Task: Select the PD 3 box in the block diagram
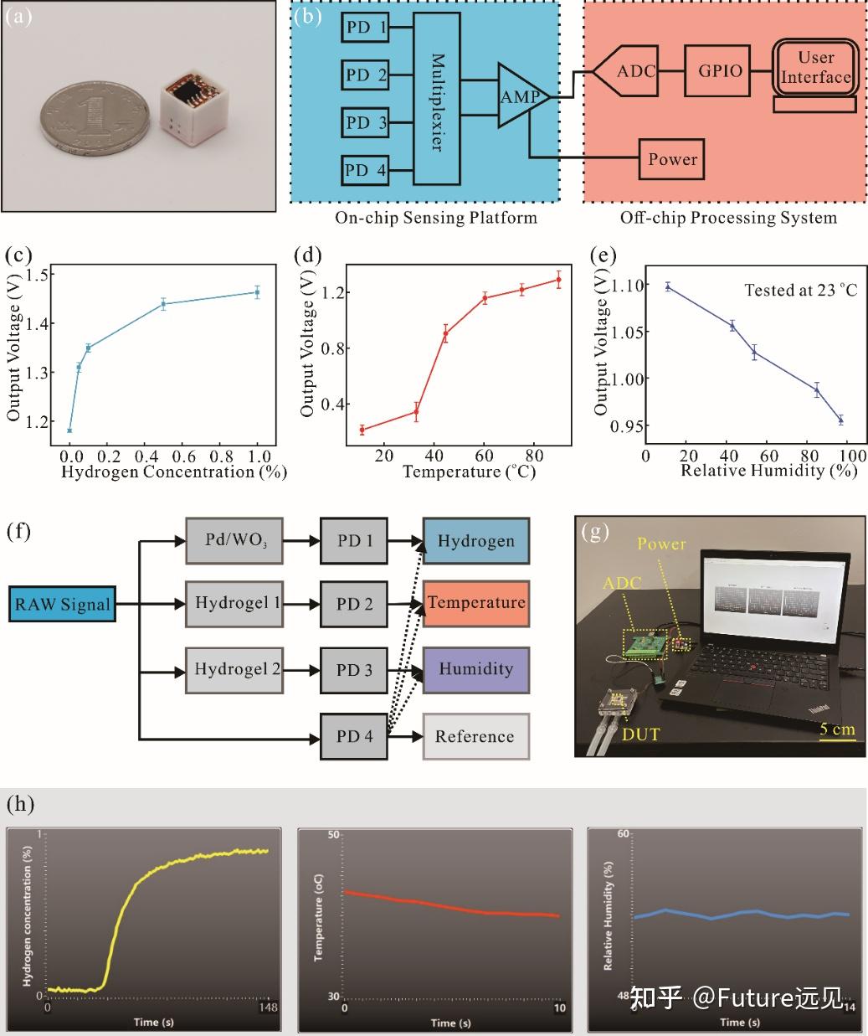367,123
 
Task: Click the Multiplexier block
437,101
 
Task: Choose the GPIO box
720,70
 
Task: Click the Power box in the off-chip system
672,159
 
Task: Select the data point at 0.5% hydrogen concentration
164,304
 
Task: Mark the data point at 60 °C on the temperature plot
485,298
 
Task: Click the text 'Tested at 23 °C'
800,291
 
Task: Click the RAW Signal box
62,605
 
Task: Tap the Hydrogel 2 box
237,670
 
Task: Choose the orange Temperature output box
475,603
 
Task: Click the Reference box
475,736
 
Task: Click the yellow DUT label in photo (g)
640,734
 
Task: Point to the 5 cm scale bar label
837,729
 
